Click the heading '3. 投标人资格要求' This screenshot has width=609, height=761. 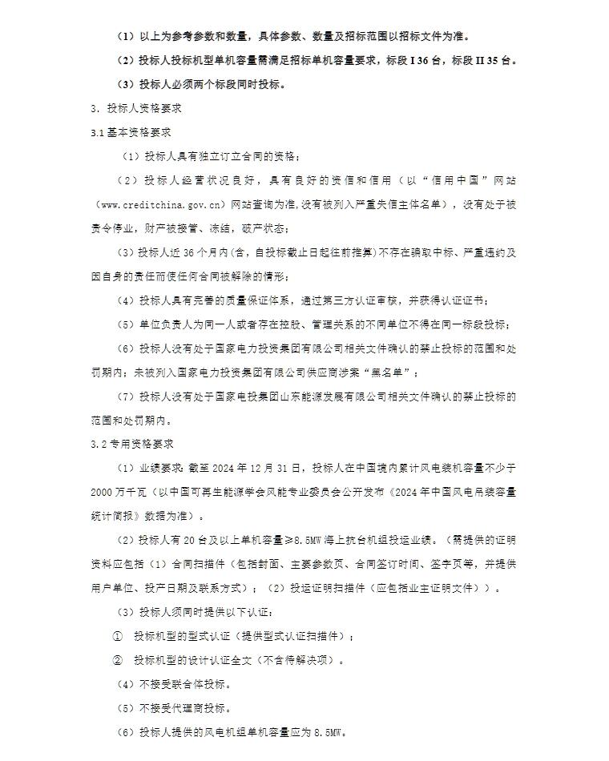pos(141,108)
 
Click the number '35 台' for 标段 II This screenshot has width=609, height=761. pos(504,60)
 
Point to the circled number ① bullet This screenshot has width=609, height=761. pos(118,636)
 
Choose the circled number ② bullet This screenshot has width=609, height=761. pos(118,660)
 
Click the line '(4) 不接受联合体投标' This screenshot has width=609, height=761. pos(175,684)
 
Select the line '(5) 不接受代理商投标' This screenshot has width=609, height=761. pos(175,708)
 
